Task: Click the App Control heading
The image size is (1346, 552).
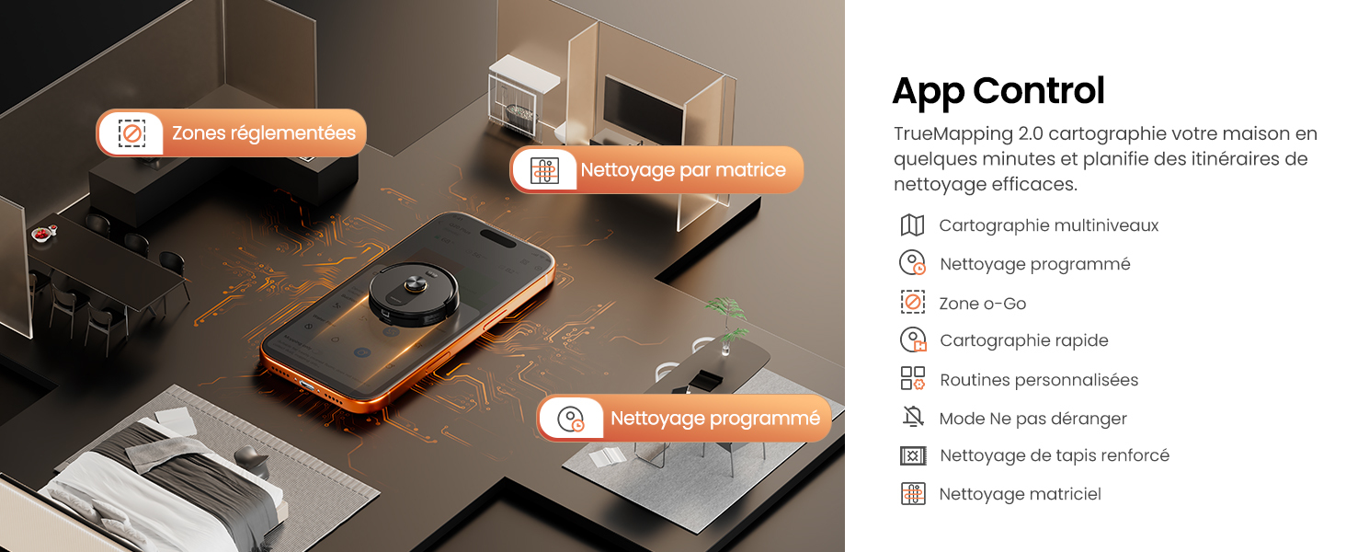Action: point(998,91)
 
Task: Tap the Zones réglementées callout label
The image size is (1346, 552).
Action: point(232,132)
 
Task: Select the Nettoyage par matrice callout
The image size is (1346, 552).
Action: point(656,169)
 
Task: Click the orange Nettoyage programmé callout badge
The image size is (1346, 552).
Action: point(684,419)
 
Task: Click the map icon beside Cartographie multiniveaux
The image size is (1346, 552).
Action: point(912,225)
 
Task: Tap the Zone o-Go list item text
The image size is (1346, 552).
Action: point(983,304)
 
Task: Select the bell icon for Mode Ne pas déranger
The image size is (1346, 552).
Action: point(913,416)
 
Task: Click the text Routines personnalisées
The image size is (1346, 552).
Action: point(1039,380)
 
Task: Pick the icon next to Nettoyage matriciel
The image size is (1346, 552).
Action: point(913,494)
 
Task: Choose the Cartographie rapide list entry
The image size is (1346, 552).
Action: point(1024,340)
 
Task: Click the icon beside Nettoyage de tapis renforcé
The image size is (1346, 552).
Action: point(913,455)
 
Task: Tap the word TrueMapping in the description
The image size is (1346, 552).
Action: point(953,134)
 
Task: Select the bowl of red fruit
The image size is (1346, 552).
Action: point(44,234)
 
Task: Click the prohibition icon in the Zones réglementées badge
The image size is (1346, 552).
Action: point(131,132)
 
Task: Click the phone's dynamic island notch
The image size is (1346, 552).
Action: point(497,238)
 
